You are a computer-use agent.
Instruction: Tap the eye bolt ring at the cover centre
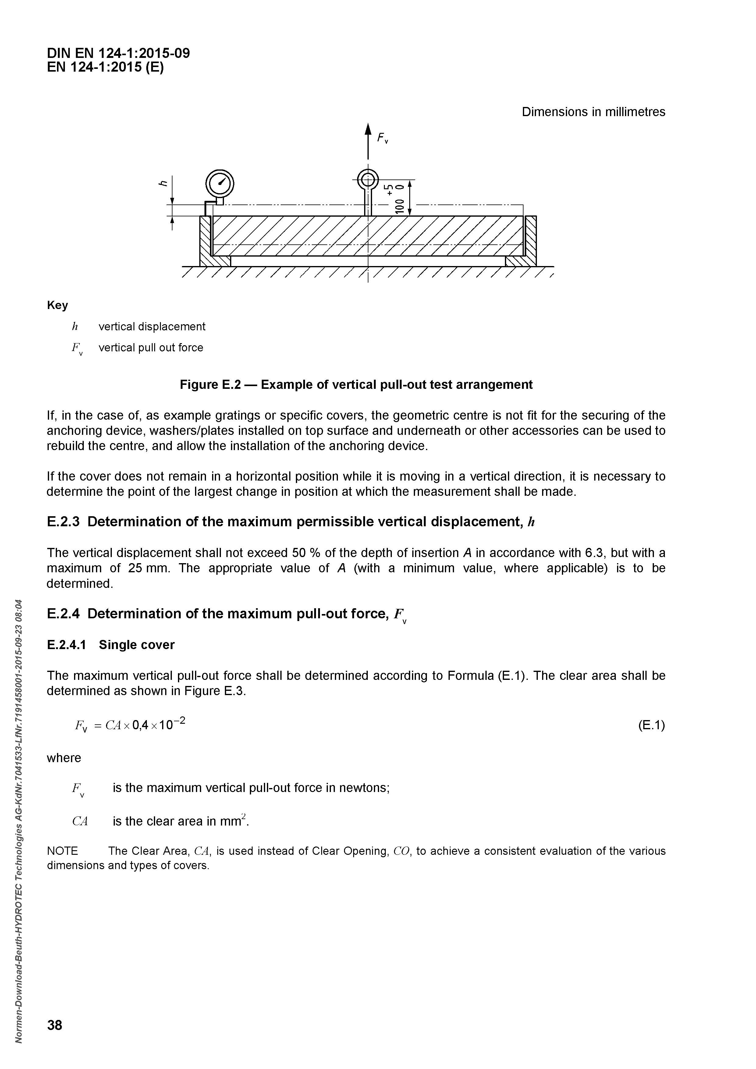point(368,179)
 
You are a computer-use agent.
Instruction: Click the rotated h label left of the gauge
point(163,183)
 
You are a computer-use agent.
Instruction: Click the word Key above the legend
point(57,305)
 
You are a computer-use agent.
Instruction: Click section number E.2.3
point(63,522)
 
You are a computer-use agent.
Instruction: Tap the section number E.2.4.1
point(66,645)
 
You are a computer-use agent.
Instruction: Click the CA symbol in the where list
point(80,821)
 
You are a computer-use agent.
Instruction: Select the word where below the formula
point(64,758)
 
